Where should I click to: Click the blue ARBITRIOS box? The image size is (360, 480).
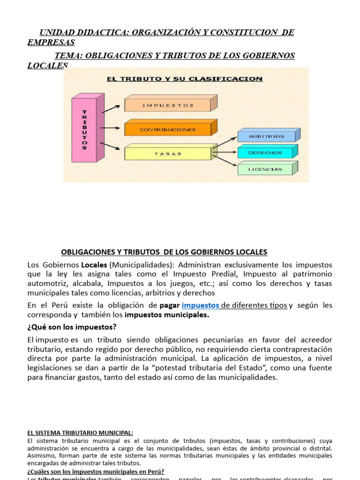(266, 136)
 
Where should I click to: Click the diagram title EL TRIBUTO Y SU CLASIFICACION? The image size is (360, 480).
(185, 79)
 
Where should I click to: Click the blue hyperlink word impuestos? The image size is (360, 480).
(200, 305)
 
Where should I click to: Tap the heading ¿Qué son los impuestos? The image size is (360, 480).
(73, 327)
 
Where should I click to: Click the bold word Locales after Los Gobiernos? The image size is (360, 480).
(94, 265)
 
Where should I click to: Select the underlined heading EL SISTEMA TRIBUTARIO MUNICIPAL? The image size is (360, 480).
(80, 433)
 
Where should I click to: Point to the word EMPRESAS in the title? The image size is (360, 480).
(51, 42)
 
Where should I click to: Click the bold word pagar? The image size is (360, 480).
(170, 305)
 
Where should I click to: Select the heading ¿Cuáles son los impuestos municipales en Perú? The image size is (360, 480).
(96, 472)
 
